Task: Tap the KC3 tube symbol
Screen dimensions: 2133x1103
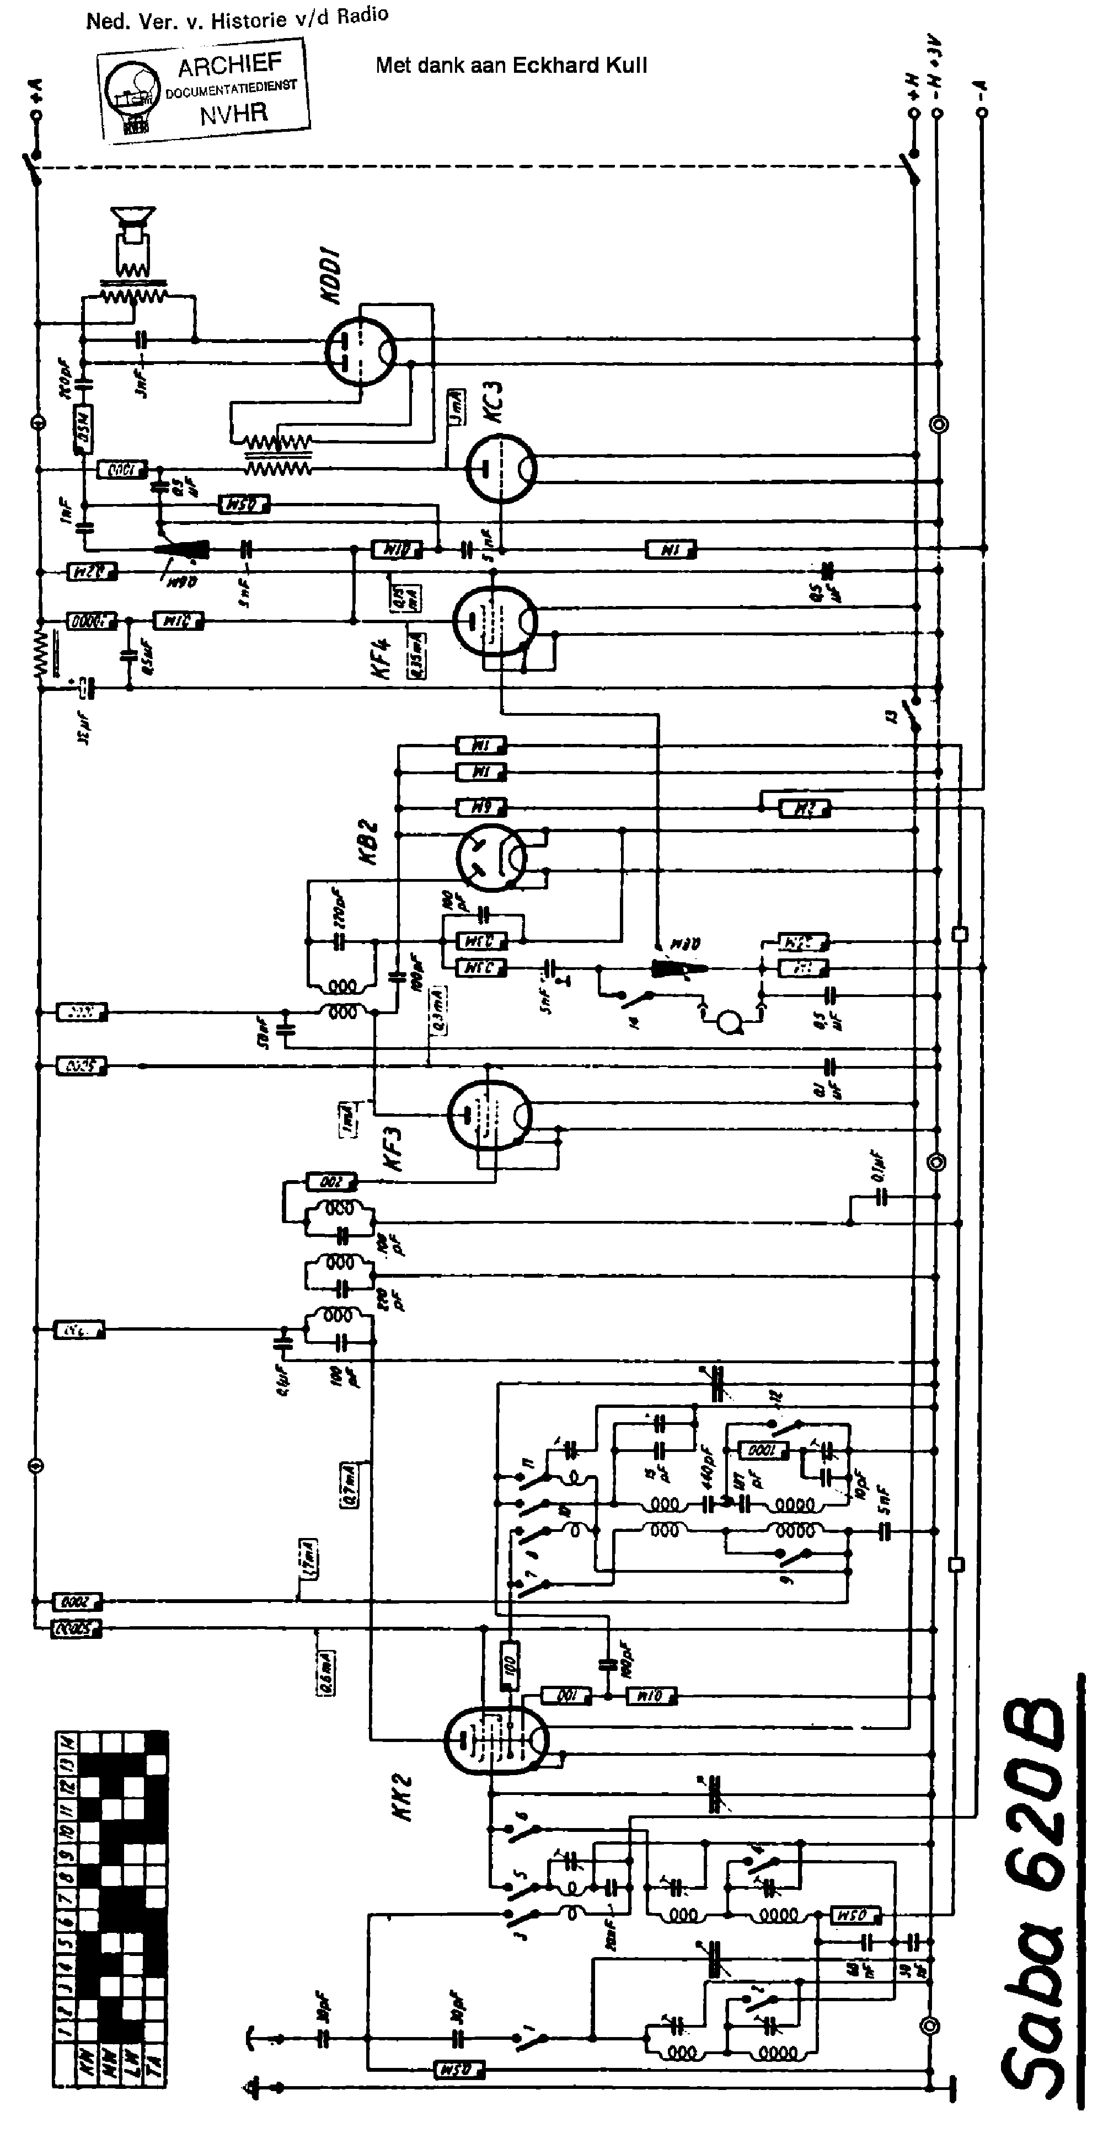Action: (500, 469)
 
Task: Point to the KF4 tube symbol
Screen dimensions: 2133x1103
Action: (494, 619)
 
